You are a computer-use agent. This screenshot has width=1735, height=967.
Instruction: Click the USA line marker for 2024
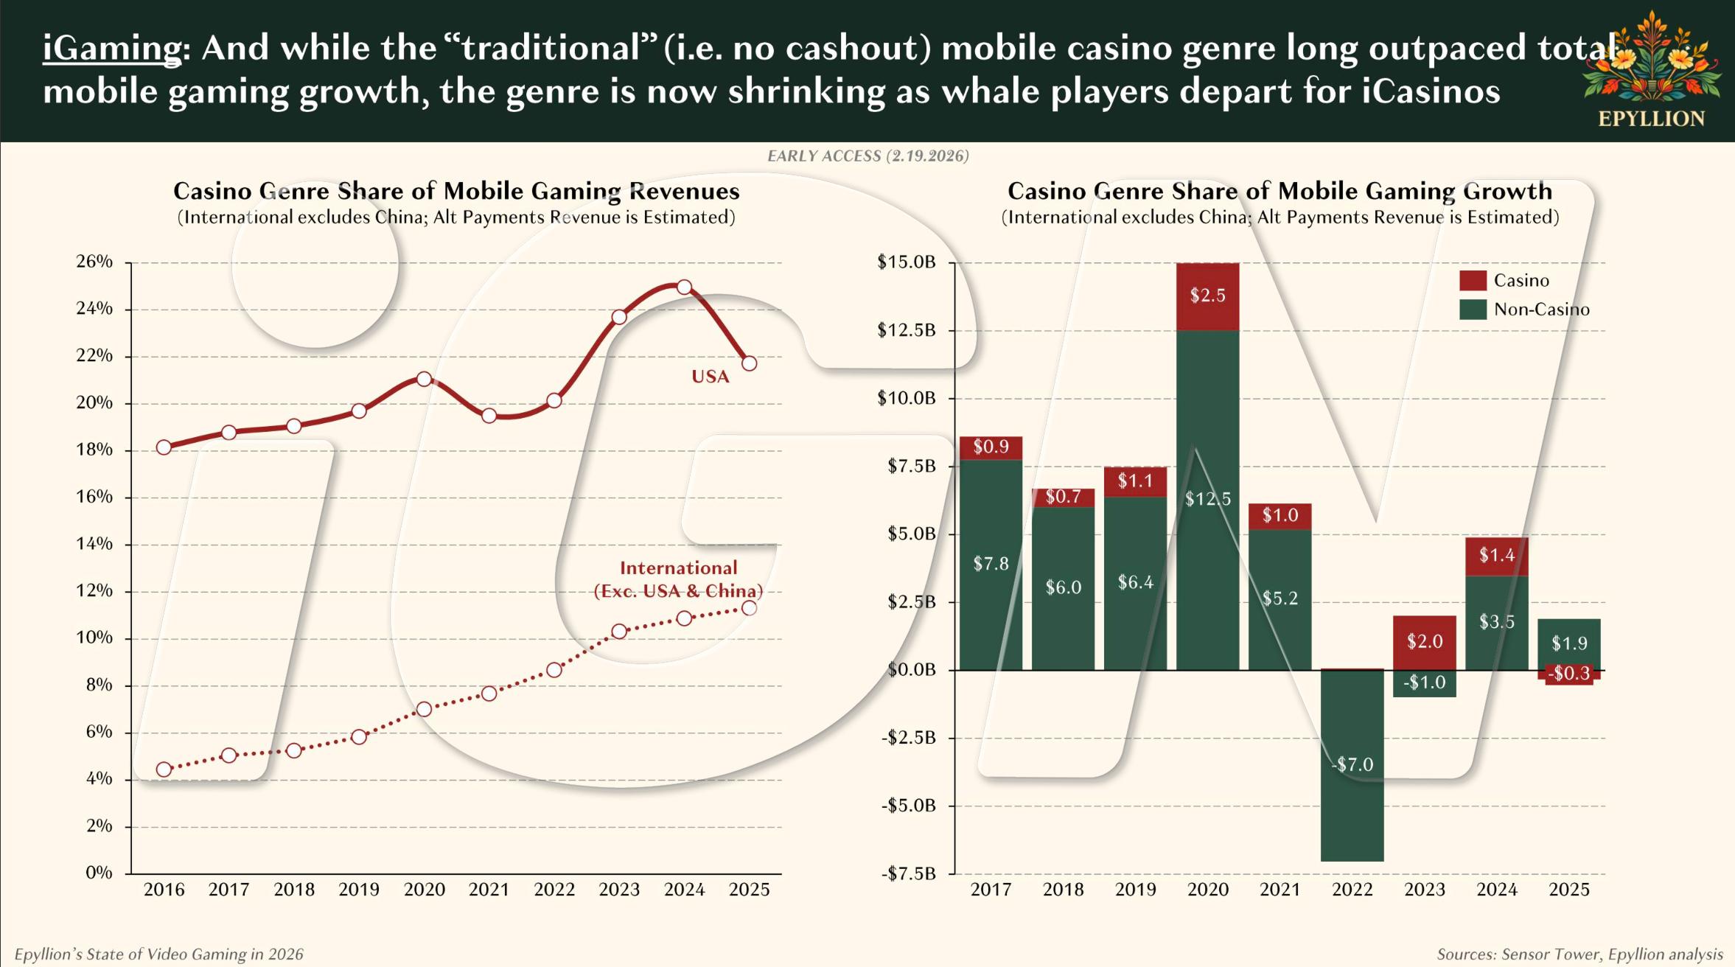pos(684,287)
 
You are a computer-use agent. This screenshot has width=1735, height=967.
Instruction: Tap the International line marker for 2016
pos(164,769)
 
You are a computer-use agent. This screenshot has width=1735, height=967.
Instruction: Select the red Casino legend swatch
pos(1473,280)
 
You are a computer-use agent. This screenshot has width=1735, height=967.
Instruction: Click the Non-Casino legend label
pos(1541,310)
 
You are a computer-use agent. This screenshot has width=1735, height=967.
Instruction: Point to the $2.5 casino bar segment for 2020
pos(1207,296)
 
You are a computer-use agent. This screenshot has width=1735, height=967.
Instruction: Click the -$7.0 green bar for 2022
pos(1352,765)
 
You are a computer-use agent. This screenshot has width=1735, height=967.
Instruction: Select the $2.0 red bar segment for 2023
pos(1424,642)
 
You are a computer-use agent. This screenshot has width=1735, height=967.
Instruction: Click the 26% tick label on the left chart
pos(94,262)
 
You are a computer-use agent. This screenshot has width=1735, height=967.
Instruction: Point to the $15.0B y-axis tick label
pos(906,262)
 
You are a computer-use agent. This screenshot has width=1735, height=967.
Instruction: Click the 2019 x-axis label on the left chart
pos(359,890)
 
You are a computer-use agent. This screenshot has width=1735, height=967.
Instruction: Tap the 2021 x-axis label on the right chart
pos(1280,890)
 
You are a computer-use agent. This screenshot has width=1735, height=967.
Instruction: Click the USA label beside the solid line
pos(710,377)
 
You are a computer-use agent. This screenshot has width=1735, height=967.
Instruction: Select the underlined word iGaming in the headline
pos(111,49)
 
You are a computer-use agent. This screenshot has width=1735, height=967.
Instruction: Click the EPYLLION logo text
pos(1651,119)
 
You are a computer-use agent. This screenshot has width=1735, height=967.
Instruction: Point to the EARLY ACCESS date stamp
pos(867,156)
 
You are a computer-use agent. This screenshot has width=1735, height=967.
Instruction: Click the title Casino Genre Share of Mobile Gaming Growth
pos(1280,191)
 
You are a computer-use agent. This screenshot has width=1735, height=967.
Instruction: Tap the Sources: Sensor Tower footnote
pos(1579,954)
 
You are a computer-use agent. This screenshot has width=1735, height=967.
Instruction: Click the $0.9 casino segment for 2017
pos(991,447)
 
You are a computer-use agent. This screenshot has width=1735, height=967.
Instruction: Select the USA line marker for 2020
pos(424,379)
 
